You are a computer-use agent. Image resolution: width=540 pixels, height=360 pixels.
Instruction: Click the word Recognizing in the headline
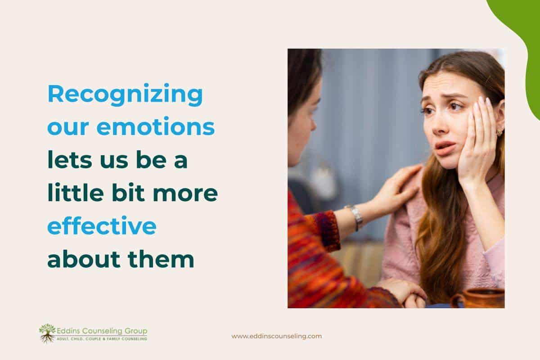125,96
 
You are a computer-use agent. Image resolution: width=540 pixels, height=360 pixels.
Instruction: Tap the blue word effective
102,226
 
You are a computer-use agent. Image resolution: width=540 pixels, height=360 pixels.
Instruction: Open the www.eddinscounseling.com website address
276,336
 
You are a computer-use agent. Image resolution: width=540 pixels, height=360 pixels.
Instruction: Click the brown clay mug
478,298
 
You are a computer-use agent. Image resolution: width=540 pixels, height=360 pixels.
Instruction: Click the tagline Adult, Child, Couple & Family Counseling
101,338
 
